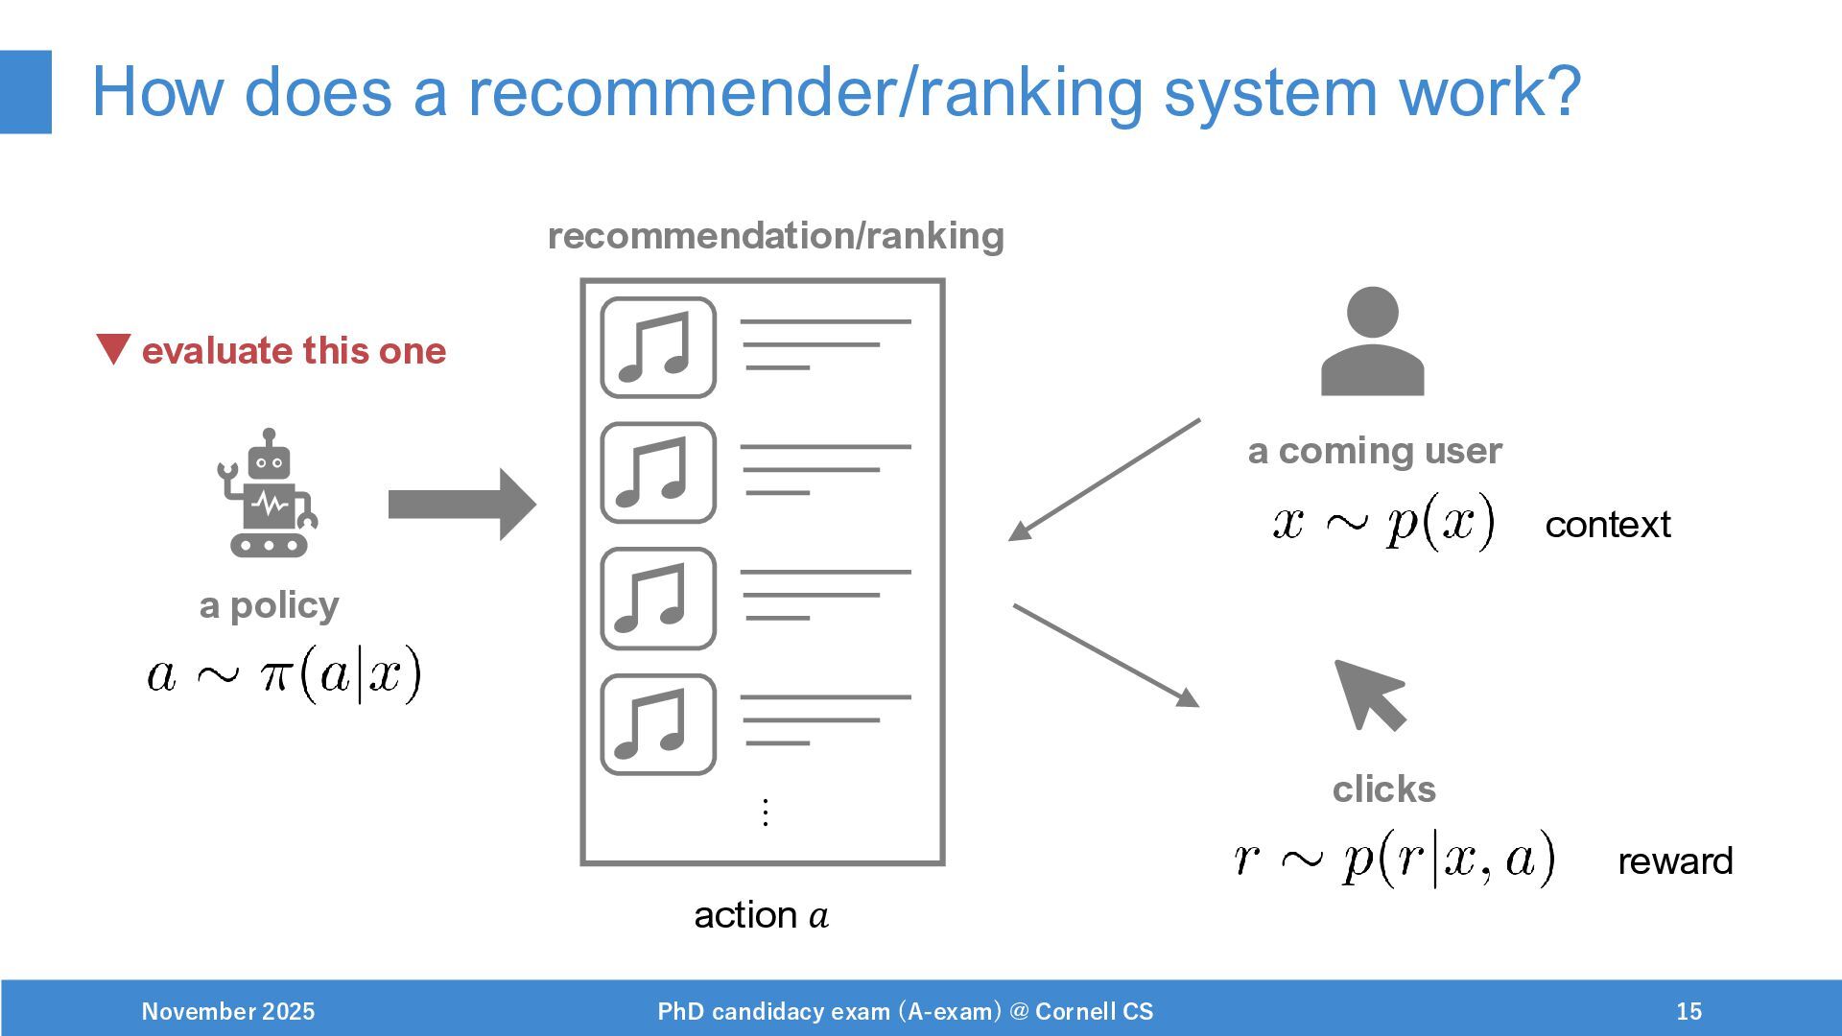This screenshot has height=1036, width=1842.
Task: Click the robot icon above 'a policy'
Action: tap(269, 494)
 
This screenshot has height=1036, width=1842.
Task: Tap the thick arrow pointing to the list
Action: tap(461, 504)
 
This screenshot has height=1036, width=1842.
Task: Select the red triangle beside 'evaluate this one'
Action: tap(113, 348)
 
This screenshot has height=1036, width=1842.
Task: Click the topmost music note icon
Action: tap(658, 347)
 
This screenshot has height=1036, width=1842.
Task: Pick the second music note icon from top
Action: tap(658, 473)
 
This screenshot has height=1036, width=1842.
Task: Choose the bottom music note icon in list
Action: tap(658, 724)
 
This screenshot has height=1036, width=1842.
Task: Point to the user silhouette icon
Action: tap(1372, 341)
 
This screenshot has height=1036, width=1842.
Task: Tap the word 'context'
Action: tap(1608, 525)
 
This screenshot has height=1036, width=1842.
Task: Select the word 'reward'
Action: tap(1675, 861)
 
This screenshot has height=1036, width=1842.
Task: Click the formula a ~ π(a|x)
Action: tap(285, 674)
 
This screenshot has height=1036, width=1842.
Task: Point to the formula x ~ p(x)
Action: tap(1383, 523)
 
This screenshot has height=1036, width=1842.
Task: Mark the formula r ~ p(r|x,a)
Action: tap(1395, 859)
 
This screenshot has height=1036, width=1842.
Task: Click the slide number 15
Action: tap(1688, 1011)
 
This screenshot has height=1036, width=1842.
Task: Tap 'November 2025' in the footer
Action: tap(228, 1011)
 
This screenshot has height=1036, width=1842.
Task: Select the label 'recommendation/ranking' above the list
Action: tap(775, 236)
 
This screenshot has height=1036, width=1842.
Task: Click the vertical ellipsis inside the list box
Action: tap(765, 812)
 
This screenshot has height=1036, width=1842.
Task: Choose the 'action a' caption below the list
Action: tap(761, 915)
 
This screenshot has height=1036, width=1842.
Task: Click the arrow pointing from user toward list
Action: tap(1104, 480)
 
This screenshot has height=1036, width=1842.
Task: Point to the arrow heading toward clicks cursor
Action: tap(1106, 655)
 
